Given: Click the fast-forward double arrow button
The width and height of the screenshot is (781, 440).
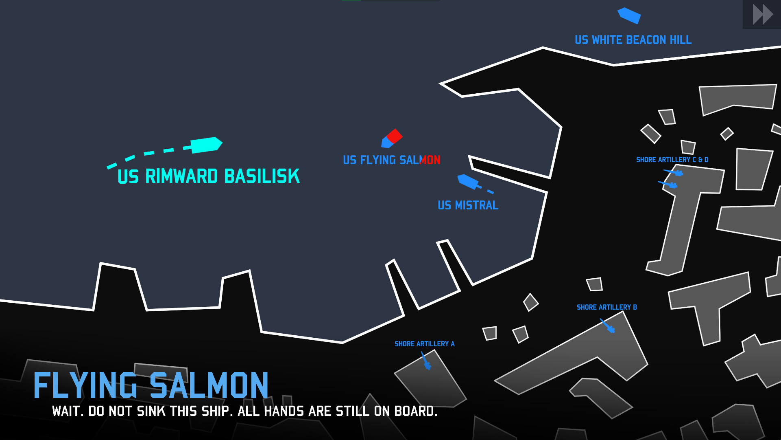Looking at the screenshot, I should point(762,15).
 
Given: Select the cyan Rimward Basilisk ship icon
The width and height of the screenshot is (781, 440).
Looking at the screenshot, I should point(206,145).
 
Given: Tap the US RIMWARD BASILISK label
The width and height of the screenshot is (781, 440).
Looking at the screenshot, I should point(209,176).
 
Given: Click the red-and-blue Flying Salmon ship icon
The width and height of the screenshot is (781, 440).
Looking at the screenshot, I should point(392,139).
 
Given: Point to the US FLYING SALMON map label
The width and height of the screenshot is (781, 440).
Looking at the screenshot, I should point(391,160).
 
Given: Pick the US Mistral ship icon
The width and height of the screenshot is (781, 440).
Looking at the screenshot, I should point(468,181).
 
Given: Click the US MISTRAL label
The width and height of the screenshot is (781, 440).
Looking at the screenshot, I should point(468,205).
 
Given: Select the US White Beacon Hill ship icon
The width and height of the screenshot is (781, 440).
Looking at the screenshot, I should point(629,15).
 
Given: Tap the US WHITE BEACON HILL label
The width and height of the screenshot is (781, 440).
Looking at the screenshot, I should point(633,40).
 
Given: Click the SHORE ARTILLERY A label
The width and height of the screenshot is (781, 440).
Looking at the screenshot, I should point(424,344).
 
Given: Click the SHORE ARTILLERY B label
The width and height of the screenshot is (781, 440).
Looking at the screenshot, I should point(606,307).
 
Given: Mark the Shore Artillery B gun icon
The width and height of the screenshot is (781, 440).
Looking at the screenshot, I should point(608,326).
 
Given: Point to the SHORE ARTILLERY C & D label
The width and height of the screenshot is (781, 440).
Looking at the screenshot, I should point(672,160).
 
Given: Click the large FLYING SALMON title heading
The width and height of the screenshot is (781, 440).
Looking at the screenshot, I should point(151,385).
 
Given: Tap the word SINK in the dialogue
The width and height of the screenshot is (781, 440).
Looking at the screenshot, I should point(151,411).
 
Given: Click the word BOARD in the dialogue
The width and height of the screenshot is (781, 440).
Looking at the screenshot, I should point(415,411).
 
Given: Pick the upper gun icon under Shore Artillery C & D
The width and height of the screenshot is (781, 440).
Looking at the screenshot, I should point(675,173).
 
